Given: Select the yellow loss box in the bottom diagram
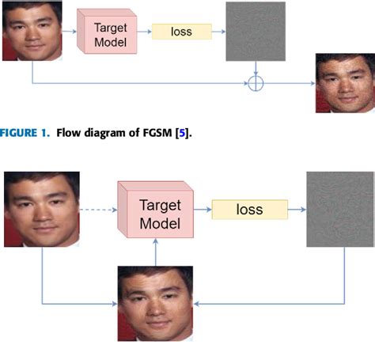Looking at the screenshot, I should click(x=248, y=210).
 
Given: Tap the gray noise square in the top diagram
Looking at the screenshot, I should click(x=255, y=32).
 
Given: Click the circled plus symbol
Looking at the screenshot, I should click(x=255, y=82).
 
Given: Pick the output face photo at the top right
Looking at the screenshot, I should click(x=345, y=82).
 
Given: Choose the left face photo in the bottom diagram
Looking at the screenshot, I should click(x=42, y=210).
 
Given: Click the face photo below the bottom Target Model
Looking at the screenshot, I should click(x=155, y=303).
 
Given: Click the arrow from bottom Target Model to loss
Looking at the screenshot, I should click(x=202, y=210).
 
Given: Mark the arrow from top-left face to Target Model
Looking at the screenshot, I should click(x=70, y=32).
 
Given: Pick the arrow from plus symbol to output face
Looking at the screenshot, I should click(x=288, y=82).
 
